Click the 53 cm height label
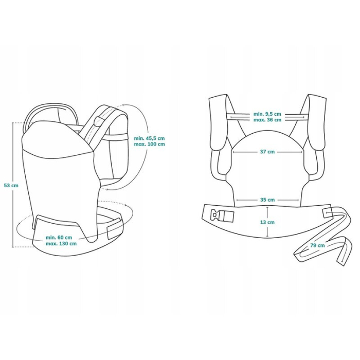pos(11,185)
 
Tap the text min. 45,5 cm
pos(149,138)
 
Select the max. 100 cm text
pos(149,145)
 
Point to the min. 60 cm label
pos(59,237)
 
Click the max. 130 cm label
pos(61,243)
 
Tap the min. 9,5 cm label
pos(267,114)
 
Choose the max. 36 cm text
pos(267,120)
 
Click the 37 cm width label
pos(267,152)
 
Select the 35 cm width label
pos(267,200)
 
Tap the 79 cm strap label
pos(317,245)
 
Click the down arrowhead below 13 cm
pos(267,236)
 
